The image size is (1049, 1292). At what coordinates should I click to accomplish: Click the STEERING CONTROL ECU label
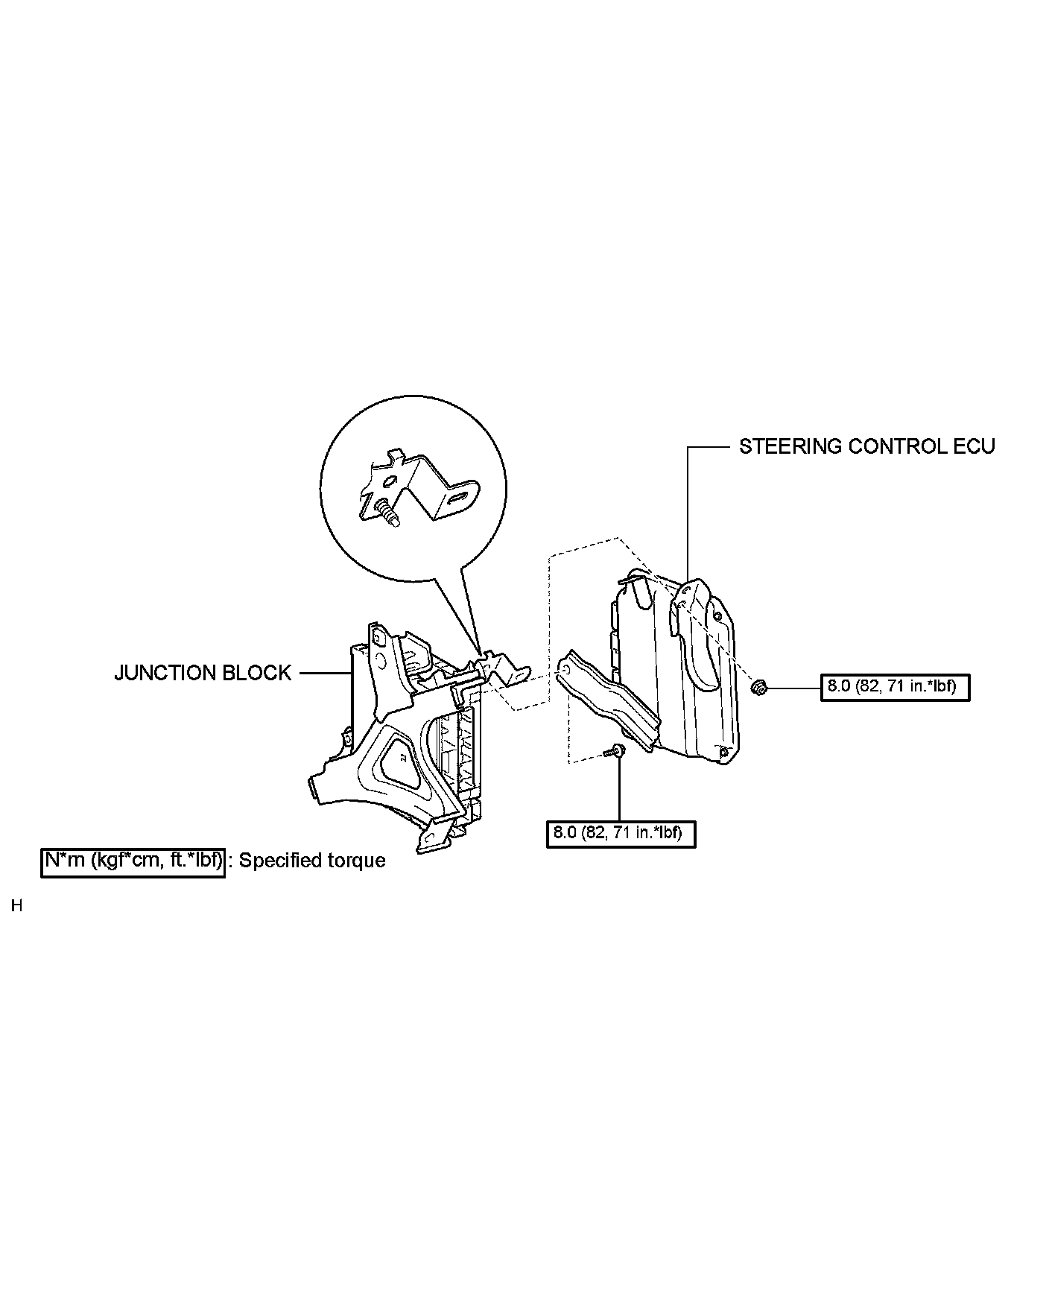point(866,446)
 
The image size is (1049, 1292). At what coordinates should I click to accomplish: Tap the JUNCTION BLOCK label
point(202,673)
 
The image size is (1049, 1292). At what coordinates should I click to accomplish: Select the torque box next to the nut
point(895,686)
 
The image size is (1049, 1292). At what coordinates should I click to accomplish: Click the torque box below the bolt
point(620,832)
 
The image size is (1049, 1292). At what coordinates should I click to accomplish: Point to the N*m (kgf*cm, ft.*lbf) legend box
point(133,861)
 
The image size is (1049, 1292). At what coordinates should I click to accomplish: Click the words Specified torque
point(312,861)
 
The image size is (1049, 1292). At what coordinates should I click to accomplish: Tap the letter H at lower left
point(17,906)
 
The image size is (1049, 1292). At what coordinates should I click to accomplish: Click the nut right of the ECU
point(759,687)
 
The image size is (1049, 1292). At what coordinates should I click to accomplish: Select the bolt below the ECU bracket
point(617,751)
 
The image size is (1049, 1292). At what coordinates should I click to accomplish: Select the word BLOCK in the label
point(256,673)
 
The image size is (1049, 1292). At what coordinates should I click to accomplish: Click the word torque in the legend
point(357,861)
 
